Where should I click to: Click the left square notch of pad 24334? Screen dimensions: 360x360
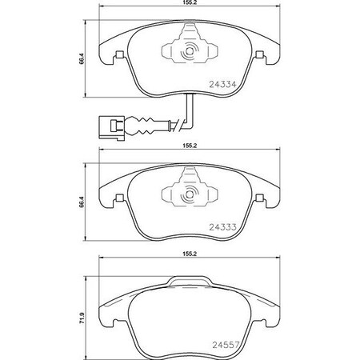click(118, 55)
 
